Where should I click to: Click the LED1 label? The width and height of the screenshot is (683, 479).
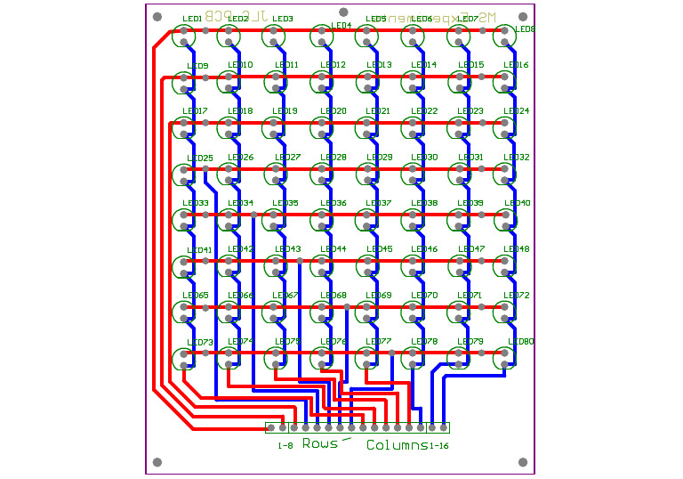click(192, 19)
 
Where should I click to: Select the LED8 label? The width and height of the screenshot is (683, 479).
click(526, 29)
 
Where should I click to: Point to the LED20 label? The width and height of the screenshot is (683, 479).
click(333, 111)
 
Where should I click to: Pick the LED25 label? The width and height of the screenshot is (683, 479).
click(200, 158)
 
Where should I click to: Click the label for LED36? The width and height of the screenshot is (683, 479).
click(333, 203)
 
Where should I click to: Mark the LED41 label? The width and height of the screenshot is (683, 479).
click(200, 250)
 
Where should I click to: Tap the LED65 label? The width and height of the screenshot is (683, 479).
click(196, 296)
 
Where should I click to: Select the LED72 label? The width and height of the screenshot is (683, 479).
click(516, 296)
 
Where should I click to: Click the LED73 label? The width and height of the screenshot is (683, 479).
click(200, 343)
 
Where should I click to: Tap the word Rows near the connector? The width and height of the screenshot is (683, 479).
click(320, 443)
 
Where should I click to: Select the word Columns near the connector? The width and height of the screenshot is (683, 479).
click(396, 445)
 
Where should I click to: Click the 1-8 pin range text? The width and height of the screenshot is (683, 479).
click(285, 445)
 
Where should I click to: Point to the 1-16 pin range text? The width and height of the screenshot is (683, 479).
click(438, 445)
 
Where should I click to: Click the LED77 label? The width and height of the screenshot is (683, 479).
click(379, 342)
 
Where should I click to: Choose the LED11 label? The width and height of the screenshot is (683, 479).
click(286, 65)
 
